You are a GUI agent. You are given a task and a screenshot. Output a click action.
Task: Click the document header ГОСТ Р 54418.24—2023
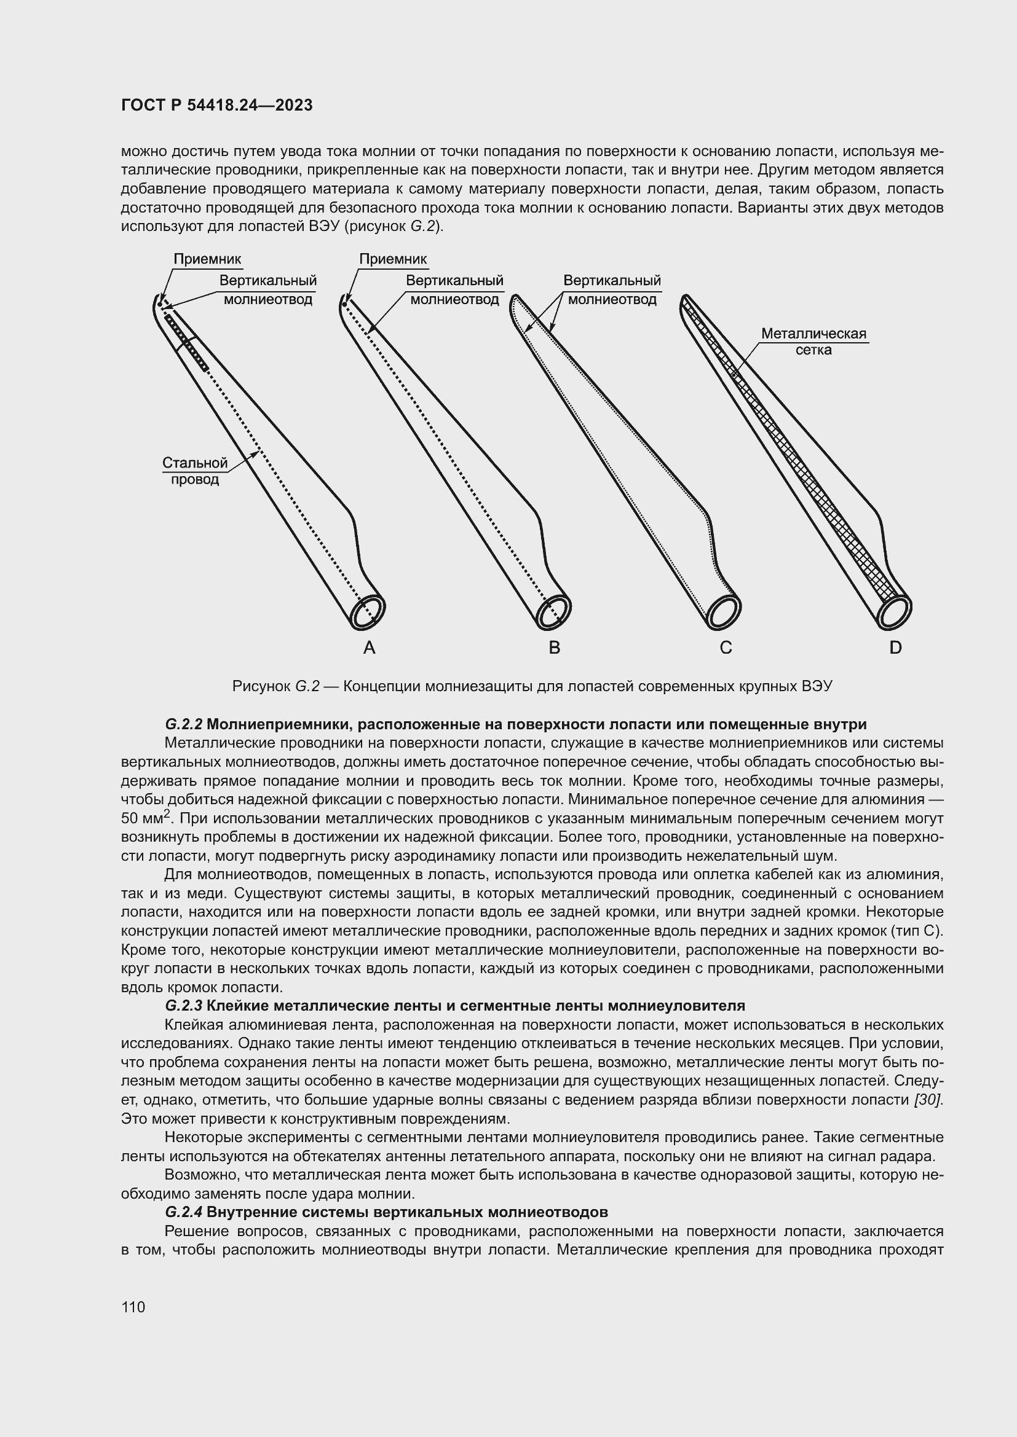pyautogui.click(x=216, y=105)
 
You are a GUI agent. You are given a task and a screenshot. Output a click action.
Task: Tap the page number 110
pyautogui.click(x=133, y=1307)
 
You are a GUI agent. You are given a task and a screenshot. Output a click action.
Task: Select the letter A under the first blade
pyautogui.click(x=369, y=648)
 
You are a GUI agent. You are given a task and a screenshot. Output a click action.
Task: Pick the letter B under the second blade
pyautogui.click(x=554, y=648)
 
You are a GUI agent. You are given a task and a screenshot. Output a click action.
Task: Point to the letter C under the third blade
pyautogui.click(x=725, y=648)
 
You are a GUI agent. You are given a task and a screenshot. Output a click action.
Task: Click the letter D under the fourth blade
pyautogui.click(x=895, y=648)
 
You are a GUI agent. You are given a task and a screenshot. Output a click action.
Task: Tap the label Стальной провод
pyautogui.click(x=195, y=471)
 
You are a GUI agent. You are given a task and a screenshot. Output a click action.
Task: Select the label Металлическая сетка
pyautogui.click(x=813, y=342)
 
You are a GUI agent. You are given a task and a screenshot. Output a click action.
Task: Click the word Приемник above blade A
pyautogui.click(x=207, y=259)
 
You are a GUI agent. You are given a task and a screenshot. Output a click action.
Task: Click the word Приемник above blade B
pyautogui.click(x=393, y=259)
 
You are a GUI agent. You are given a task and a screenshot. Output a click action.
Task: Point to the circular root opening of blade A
pyautogui.click(x=368, y=611)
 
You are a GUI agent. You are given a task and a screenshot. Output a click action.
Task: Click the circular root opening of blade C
pyautogui.click(x=724, y=612)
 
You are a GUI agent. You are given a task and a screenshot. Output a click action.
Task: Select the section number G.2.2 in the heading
pyautogui.click(x=183, y=724)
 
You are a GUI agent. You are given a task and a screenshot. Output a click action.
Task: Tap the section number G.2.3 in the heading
pyautogui.click(x=183, y=1006)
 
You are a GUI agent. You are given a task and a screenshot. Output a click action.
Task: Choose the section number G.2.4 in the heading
pyautogui.click(x=183, y=1212)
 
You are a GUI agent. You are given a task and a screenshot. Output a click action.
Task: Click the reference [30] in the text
pyautogui.click(x=928, y=1100)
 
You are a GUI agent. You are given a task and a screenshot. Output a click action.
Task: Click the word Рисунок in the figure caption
pyautogui.click(x=260, y=686)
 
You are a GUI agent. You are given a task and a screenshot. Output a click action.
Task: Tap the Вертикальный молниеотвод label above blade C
pyautogui.click(x=612, y=290)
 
